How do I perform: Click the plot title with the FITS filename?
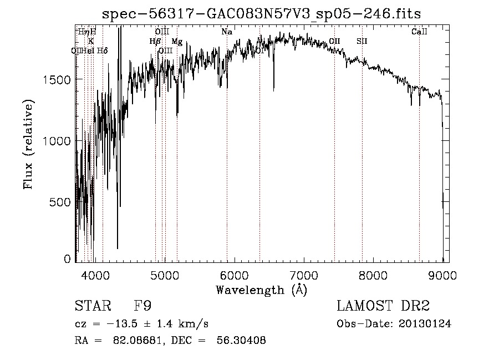click(x=262, y=13)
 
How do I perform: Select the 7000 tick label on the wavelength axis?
click(x=303, y=275)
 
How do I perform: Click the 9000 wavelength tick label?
click(x=442, y=275)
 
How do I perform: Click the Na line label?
click(x=227, y=32)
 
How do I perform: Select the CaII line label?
click(x=419, y=32)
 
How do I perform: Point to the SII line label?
click(x=361, y=41)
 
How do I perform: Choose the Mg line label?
click(x=177, y=42)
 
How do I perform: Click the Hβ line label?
click(x=155, y=41)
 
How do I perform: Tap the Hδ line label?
click(x=102, y=51)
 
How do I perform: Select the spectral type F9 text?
click(x=143, y=307)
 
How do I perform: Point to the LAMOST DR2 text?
click(x=383, y=307)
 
